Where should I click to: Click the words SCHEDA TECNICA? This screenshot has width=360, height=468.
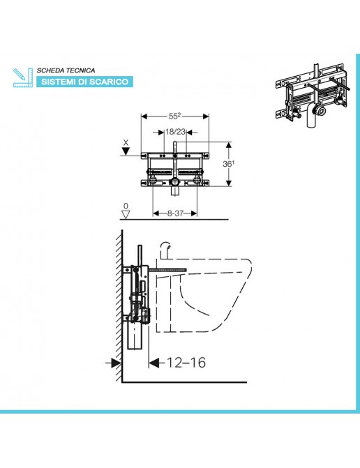click(66, 70)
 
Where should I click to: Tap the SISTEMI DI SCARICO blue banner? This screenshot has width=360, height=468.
click(85, 82)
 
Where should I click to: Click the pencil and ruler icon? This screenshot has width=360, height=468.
click(23, 77)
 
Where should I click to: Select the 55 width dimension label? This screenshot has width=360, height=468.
click(174, 116)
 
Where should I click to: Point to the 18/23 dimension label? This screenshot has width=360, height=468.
click(176, 132)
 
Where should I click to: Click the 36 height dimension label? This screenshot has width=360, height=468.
click(228, 164)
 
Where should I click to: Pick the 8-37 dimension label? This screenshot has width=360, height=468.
click(175, 213)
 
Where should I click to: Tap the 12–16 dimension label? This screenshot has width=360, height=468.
click(186, 363)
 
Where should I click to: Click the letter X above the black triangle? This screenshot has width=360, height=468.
click(126, 143)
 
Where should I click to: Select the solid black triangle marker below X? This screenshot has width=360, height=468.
click(126, 151)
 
